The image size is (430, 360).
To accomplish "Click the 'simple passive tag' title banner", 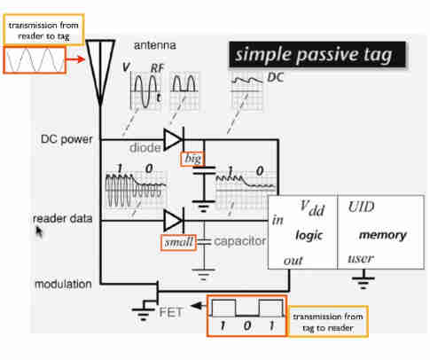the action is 317,55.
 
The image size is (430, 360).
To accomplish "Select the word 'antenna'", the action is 155,45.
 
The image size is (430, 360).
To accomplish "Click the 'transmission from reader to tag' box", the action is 43,30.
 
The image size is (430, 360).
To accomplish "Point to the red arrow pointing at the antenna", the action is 75,59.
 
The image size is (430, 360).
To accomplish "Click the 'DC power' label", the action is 66,139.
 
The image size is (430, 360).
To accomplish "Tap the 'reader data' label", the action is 62,219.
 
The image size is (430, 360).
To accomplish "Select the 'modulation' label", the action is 63,285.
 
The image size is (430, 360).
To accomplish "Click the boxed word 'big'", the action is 192,159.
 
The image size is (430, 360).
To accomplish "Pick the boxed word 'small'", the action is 178,242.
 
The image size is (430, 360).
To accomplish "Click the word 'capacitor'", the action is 239,241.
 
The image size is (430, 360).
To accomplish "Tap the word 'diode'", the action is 145,147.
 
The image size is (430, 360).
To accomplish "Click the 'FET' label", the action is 171,312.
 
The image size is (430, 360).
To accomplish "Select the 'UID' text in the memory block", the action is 361,207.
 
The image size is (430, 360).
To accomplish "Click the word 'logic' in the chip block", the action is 309,235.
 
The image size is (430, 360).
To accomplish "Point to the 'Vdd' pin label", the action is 312,208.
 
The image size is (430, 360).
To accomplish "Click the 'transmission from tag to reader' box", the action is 328,322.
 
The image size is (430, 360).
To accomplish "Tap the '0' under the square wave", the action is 247,325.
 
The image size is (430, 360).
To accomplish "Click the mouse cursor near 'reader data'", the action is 39,231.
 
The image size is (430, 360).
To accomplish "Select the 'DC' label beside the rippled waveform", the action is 276,77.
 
